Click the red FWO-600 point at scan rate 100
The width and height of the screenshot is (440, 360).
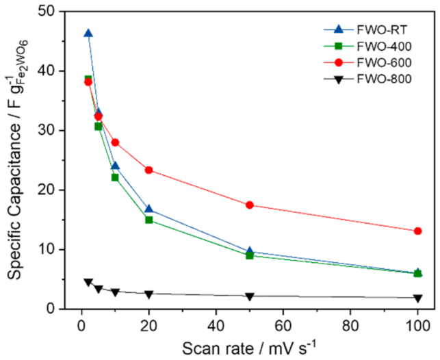click(418, 231)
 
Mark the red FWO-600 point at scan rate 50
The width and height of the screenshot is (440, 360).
click(250, 205)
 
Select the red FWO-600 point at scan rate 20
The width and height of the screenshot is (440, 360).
click(148, 170)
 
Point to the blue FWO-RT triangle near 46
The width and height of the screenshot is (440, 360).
click(88, 34)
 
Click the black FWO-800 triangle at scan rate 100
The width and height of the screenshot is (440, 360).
click(418, 298)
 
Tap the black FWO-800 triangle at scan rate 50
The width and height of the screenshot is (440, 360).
click(250, 296)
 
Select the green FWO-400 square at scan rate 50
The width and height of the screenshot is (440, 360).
click(250, 255)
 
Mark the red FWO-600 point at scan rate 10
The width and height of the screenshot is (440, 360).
click(115, 142)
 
